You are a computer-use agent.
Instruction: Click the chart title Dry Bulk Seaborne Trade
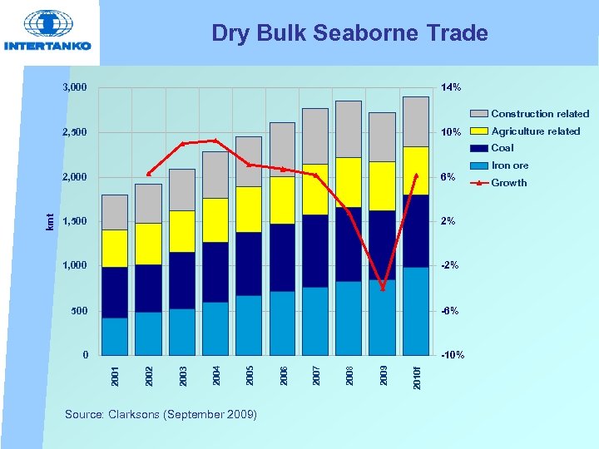(349, 33)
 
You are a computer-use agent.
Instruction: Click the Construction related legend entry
(539, 114)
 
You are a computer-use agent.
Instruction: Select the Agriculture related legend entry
(535, 131)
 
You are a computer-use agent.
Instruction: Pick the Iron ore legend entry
(509, 165)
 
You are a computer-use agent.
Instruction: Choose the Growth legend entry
(508, 183)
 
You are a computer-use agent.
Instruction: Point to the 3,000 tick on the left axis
(74, 87)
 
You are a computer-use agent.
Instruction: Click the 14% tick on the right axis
(451, 87)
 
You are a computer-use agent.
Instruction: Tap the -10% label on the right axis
(452, 355)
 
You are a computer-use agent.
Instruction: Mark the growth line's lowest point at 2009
(383, 288)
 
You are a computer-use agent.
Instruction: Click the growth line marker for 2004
(215, 141)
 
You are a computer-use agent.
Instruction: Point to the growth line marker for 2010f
(416, 175)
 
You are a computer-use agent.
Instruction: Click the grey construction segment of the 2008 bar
(349, 129)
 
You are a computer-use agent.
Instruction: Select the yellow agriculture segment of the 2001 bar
(115, 248)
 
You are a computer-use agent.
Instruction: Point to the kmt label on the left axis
(50, 221)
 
